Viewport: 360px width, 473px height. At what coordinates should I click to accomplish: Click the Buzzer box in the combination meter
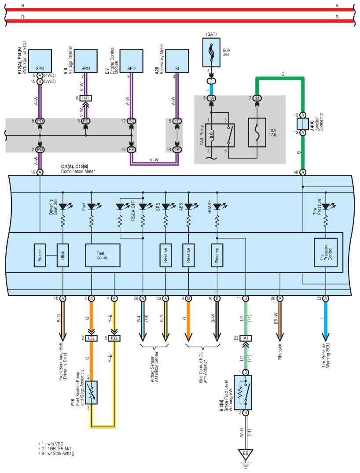tap(40, 255)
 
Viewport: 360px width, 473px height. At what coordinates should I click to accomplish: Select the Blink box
tap(62, 255)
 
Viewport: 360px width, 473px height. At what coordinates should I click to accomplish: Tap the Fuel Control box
tap(103, 255)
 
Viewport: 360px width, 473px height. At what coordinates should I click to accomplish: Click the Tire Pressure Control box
tap(326, 252)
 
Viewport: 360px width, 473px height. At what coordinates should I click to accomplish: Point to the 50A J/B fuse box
tap(211, 52)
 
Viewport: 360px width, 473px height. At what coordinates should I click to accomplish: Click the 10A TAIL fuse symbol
tap(257, 133)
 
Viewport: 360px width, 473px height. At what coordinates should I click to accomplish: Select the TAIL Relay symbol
tap(220, 135)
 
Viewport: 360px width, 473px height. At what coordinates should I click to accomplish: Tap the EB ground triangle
tap(246, 455)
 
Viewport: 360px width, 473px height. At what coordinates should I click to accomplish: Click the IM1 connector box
tap(86, 98)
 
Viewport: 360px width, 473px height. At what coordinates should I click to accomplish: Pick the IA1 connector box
tap(246, 338)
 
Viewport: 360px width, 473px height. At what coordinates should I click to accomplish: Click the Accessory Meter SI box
tap(177, 61)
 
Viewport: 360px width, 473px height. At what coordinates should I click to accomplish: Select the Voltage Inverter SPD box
tap(86, 61)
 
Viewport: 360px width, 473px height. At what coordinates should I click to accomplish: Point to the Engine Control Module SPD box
tap(132, 61)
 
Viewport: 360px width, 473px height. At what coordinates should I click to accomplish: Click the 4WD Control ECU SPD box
tap(40, 61)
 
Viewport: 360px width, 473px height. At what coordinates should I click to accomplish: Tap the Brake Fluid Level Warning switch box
tap(242, 392)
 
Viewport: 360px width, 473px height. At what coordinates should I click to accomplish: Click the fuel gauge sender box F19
tap(92, 392)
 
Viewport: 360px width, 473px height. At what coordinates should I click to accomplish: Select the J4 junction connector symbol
tap(303, 124)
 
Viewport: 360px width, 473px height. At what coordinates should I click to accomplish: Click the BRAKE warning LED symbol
tap(217, 207)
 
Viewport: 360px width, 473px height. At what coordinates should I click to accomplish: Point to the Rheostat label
tap(280, 352)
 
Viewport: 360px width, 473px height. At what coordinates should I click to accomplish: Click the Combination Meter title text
tap(78, 171)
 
